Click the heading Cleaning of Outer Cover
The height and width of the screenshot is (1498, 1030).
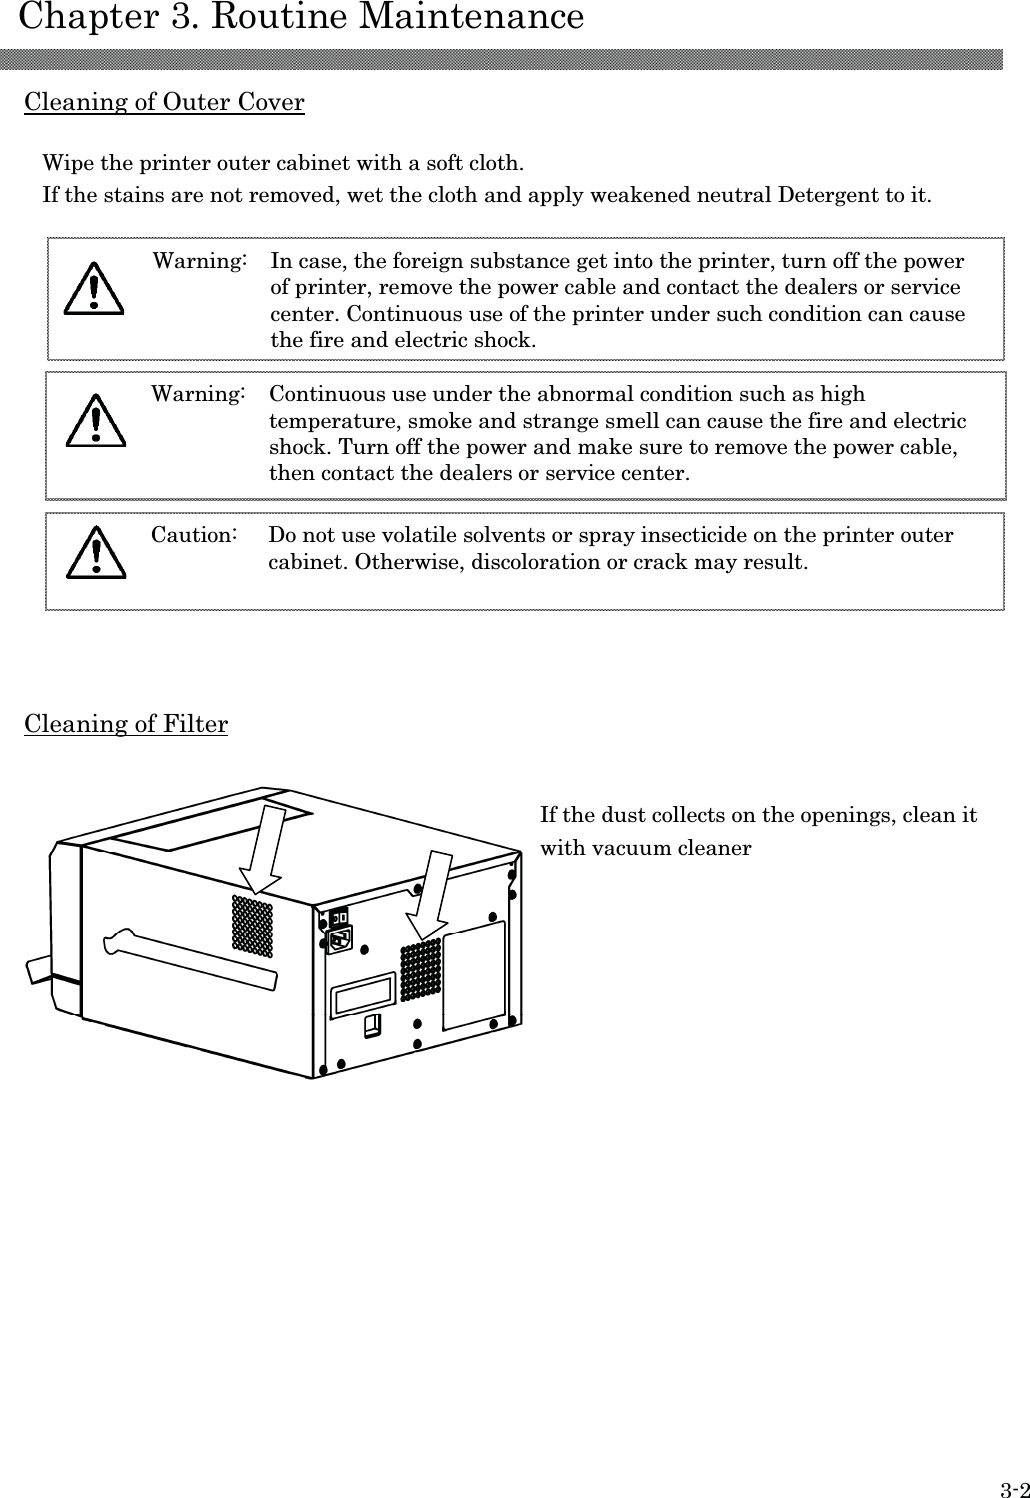click(x=164, y=102)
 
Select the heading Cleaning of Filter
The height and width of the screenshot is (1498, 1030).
click(x=126, y=724)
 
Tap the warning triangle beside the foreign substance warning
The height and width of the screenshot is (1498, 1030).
click(x=93, y=288)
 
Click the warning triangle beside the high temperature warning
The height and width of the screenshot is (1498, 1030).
click(x=95, y=420)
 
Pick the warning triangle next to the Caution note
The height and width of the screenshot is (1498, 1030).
click(x=96, y=553)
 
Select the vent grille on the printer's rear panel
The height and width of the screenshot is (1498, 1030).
click(x=421, y=969)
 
